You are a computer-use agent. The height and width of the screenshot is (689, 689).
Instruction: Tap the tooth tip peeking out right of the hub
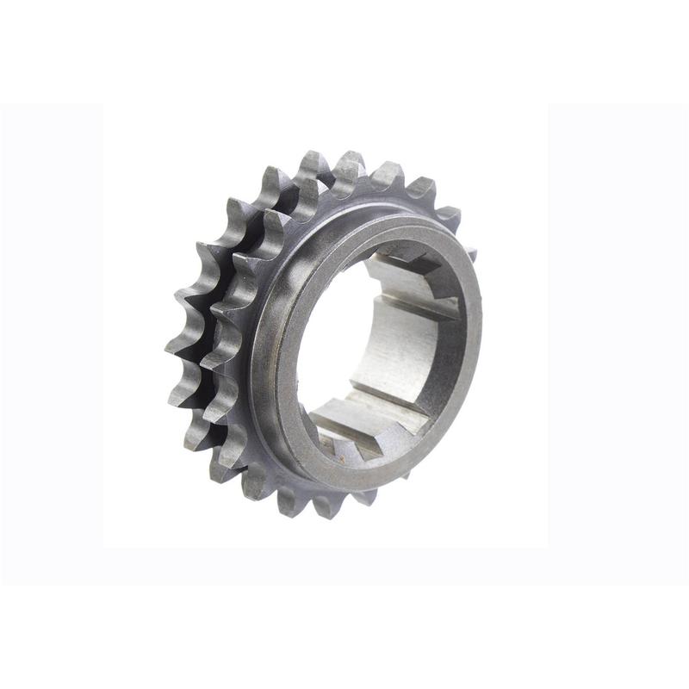pyautogui.click(x=471, y=252)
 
